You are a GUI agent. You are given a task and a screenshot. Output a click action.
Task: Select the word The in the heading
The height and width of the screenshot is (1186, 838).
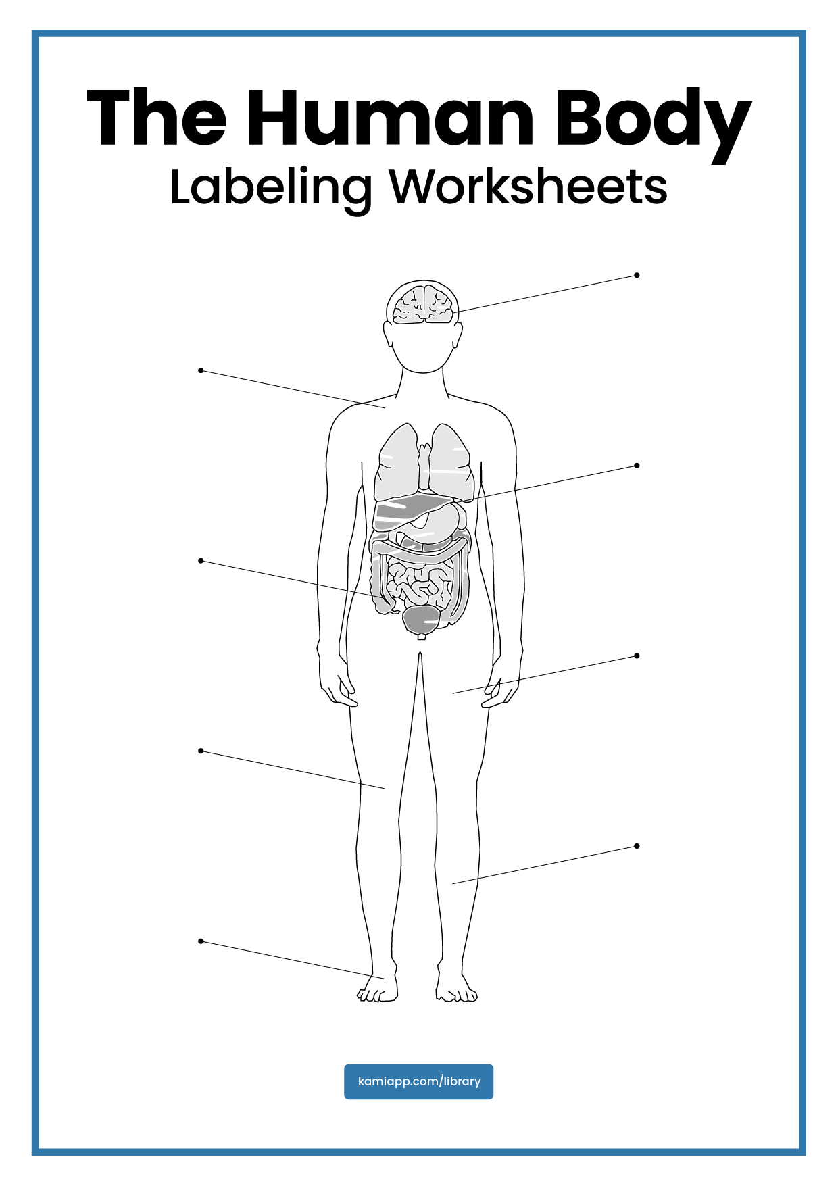156,118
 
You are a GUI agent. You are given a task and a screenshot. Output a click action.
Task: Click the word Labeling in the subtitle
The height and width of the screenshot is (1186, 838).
270,188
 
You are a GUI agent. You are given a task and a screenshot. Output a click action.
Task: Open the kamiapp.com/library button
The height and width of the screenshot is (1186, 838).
418,1081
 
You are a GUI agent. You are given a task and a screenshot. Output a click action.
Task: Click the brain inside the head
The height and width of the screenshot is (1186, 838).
423,305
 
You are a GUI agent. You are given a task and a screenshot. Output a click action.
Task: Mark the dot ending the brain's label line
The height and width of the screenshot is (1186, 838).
637,275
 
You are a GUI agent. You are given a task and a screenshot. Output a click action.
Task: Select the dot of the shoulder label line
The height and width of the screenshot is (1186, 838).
201,370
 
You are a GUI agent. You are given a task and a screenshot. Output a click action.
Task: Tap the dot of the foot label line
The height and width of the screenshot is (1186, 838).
201,941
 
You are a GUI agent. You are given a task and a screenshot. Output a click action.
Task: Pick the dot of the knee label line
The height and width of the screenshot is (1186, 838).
201,751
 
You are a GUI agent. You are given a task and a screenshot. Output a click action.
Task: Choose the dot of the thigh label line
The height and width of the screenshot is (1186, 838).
637,656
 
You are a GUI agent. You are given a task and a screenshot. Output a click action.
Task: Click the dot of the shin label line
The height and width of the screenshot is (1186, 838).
637,845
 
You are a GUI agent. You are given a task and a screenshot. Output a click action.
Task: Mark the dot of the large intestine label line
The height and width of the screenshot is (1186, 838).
201,561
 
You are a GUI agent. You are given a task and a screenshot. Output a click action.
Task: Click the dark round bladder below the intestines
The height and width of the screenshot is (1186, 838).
421,619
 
